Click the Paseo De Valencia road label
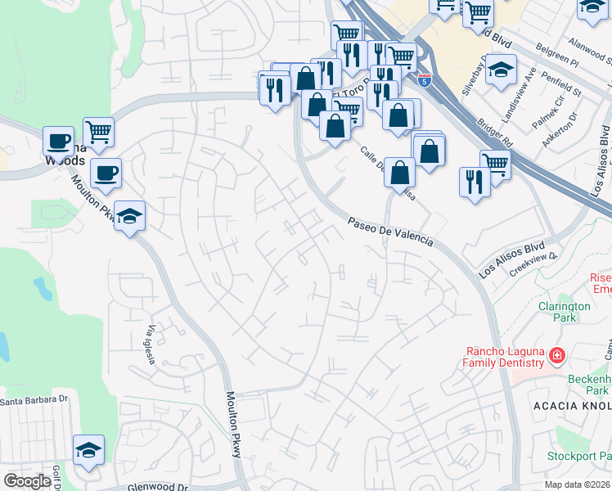point(389,232)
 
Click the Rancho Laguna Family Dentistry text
point(503,357)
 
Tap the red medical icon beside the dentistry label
point(557,355)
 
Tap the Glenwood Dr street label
point(159,486)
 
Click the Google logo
point(27,481)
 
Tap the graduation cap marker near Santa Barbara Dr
point(88,450)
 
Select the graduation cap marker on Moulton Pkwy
point(129,216)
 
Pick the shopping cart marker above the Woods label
point(98,131)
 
